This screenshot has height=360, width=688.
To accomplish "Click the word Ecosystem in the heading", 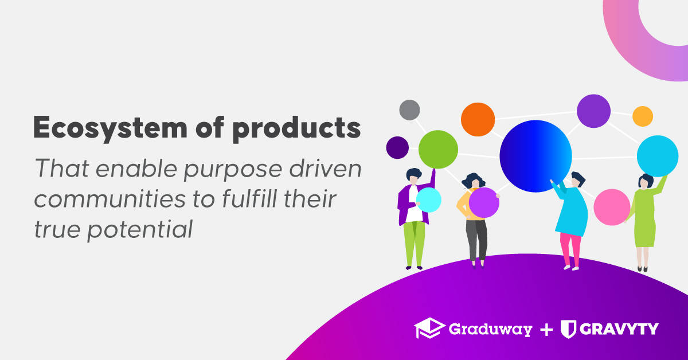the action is tap(110, 128).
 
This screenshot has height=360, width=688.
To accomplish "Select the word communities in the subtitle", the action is tap(110, 199).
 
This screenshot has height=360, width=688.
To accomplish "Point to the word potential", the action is tap(140, 229).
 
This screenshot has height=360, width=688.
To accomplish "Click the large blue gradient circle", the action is tap(535, 156).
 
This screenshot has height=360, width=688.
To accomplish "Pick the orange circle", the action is tap(478, 119).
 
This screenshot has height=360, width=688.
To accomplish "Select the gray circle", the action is tap(409, 110).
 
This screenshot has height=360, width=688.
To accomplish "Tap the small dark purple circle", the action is tap(397, 147).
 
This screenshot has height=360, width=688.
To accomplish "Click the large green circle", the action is tap(438, 149).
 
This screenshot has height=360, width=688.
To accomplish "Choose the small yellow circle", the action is tap(643, 116).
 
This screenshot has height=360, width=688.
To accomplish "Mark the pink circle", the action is tap(612, 207).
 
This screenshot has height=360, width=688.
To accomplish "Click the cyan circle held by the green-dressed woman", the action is tap(658, 156).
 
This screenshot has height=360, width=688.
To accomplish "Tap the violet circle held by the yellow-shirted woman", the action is tap(484, 202).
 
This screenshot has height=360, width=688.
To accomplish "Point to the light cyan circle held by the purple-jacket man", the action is tap(429, 200).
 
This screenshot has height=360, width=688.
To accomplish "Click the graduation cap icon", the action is tap(429, 328).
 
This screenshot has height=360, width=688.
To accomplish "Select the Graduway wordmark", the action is tap(490, 330).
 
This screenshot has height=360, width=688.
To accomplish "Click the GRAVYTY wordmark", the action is tap(619, 328).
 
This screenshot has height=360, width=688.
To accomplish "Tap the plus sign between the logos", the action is tap(546, 330).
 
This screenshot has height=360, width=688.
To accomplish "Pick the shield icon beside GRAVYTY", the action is tap(569, 329).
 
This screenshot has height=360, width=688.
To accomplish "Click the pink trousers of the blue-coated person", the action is tap(570, 249).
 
